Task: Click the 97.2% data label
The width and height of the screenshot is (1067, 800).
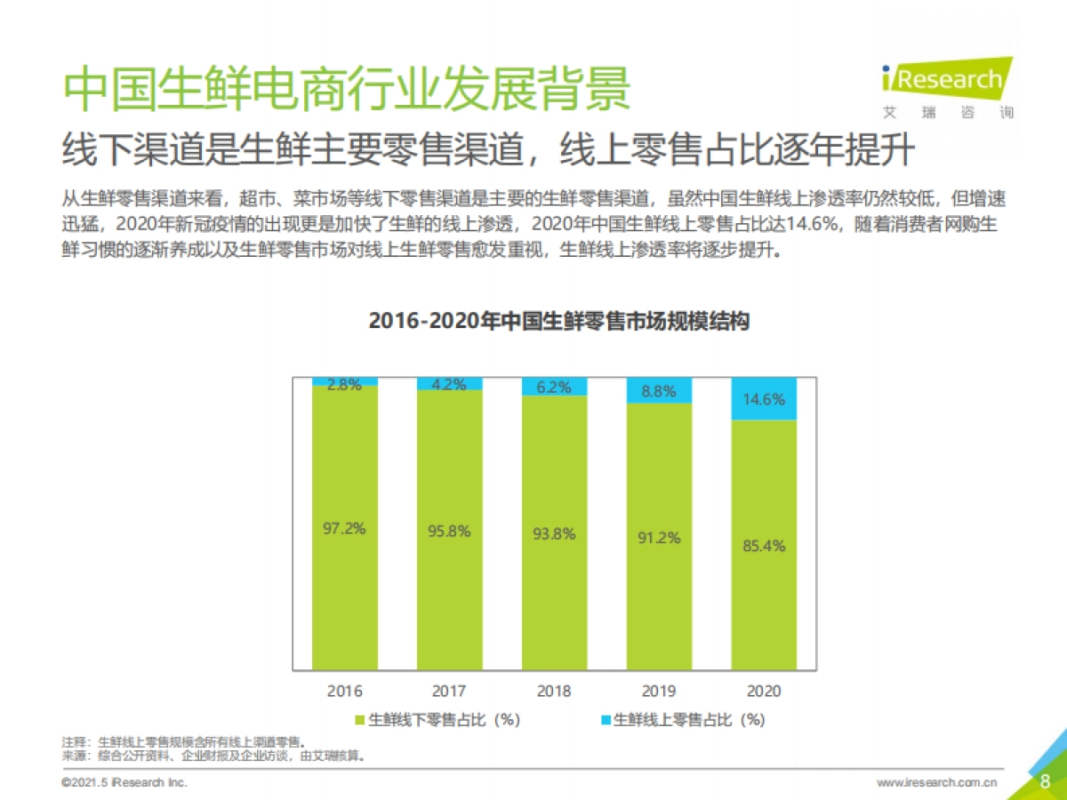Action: (344, 528)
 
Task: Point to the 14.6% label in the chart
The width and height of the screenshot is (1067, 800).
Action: (764, 399)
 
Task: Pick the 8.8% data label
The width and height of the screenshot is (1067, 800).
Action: (659, 390)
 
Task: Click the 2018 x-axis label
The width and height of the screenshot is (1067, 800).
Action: (554, 691)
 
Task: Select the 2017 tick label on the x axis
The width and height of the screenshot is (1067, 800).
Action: (449, 691)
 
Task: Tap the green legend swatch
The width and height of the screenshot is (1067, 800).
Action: (360, 720)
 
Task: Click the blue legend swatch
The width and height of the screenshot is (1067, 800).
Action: (606, 720)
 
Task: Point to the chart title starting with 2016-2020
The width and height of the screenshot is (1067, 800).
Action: (559, 322)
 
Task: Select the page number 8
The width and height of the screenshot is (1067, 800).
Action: (1045, 780)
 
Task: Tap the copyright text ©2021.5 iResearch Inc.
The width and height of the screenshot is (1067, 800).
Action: (124, 783)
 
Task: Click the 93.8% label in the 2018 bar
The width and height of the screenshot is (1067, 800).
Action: (554, 534)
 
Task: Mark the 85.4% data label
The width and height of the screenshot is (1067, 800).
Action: (764, 546)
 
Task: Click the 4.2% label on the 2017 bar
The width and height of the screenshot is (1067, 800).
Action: (449, 385)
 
